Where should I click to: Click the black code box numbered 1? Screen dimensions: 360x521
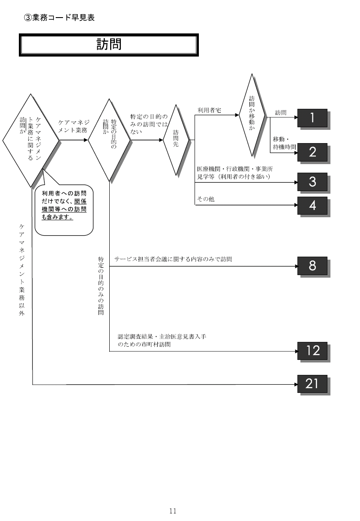click(312, 118)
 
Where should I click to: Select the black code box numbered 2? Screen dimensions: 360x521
click(312, 152)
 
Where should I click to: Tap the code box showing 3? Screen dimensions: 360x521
click(312, 182)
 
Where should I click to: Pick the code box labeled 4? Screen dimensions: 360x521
click(312, 206)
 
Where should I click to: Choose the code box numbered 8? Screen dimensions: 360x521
click(312, 266)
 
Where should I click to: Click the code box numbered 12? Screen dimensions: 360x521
click(312, 351)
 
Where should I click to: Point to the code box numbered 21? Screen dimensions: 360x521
click(312, 384)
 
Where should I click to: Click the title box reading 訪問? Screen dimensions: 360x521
click(109, 45)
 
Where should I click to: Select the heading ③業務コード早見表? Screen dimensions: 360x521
click(59, 18)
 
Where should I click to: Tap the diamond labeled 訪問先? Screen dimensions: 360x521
click(176, 140)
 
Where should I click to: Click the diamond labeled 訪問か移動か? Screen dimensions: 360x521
click(252, 115)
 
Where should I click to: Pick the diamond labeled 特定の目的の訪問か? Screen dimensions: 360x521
click(109, 140)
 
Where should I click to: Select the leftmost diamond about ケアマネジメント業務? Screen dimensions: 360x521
click(31, 140)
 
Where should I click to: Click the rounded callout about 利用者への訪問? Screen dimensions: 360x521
click(64, 210)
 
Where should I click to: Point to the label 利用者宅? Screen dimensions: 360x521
click(209, 110)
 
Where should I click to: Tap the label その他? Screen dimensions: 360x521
click(206, 199)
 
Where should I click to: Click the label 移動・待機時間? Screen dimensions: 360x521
click(284, 143)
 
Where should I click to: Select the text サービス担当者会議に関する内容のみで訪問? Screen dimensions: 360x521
click(173, 259)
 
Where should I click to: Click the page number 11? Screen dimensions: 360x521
click(173, 511)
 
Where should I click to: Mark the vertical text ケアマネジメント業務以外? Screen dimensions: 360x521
click(21, 270)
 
